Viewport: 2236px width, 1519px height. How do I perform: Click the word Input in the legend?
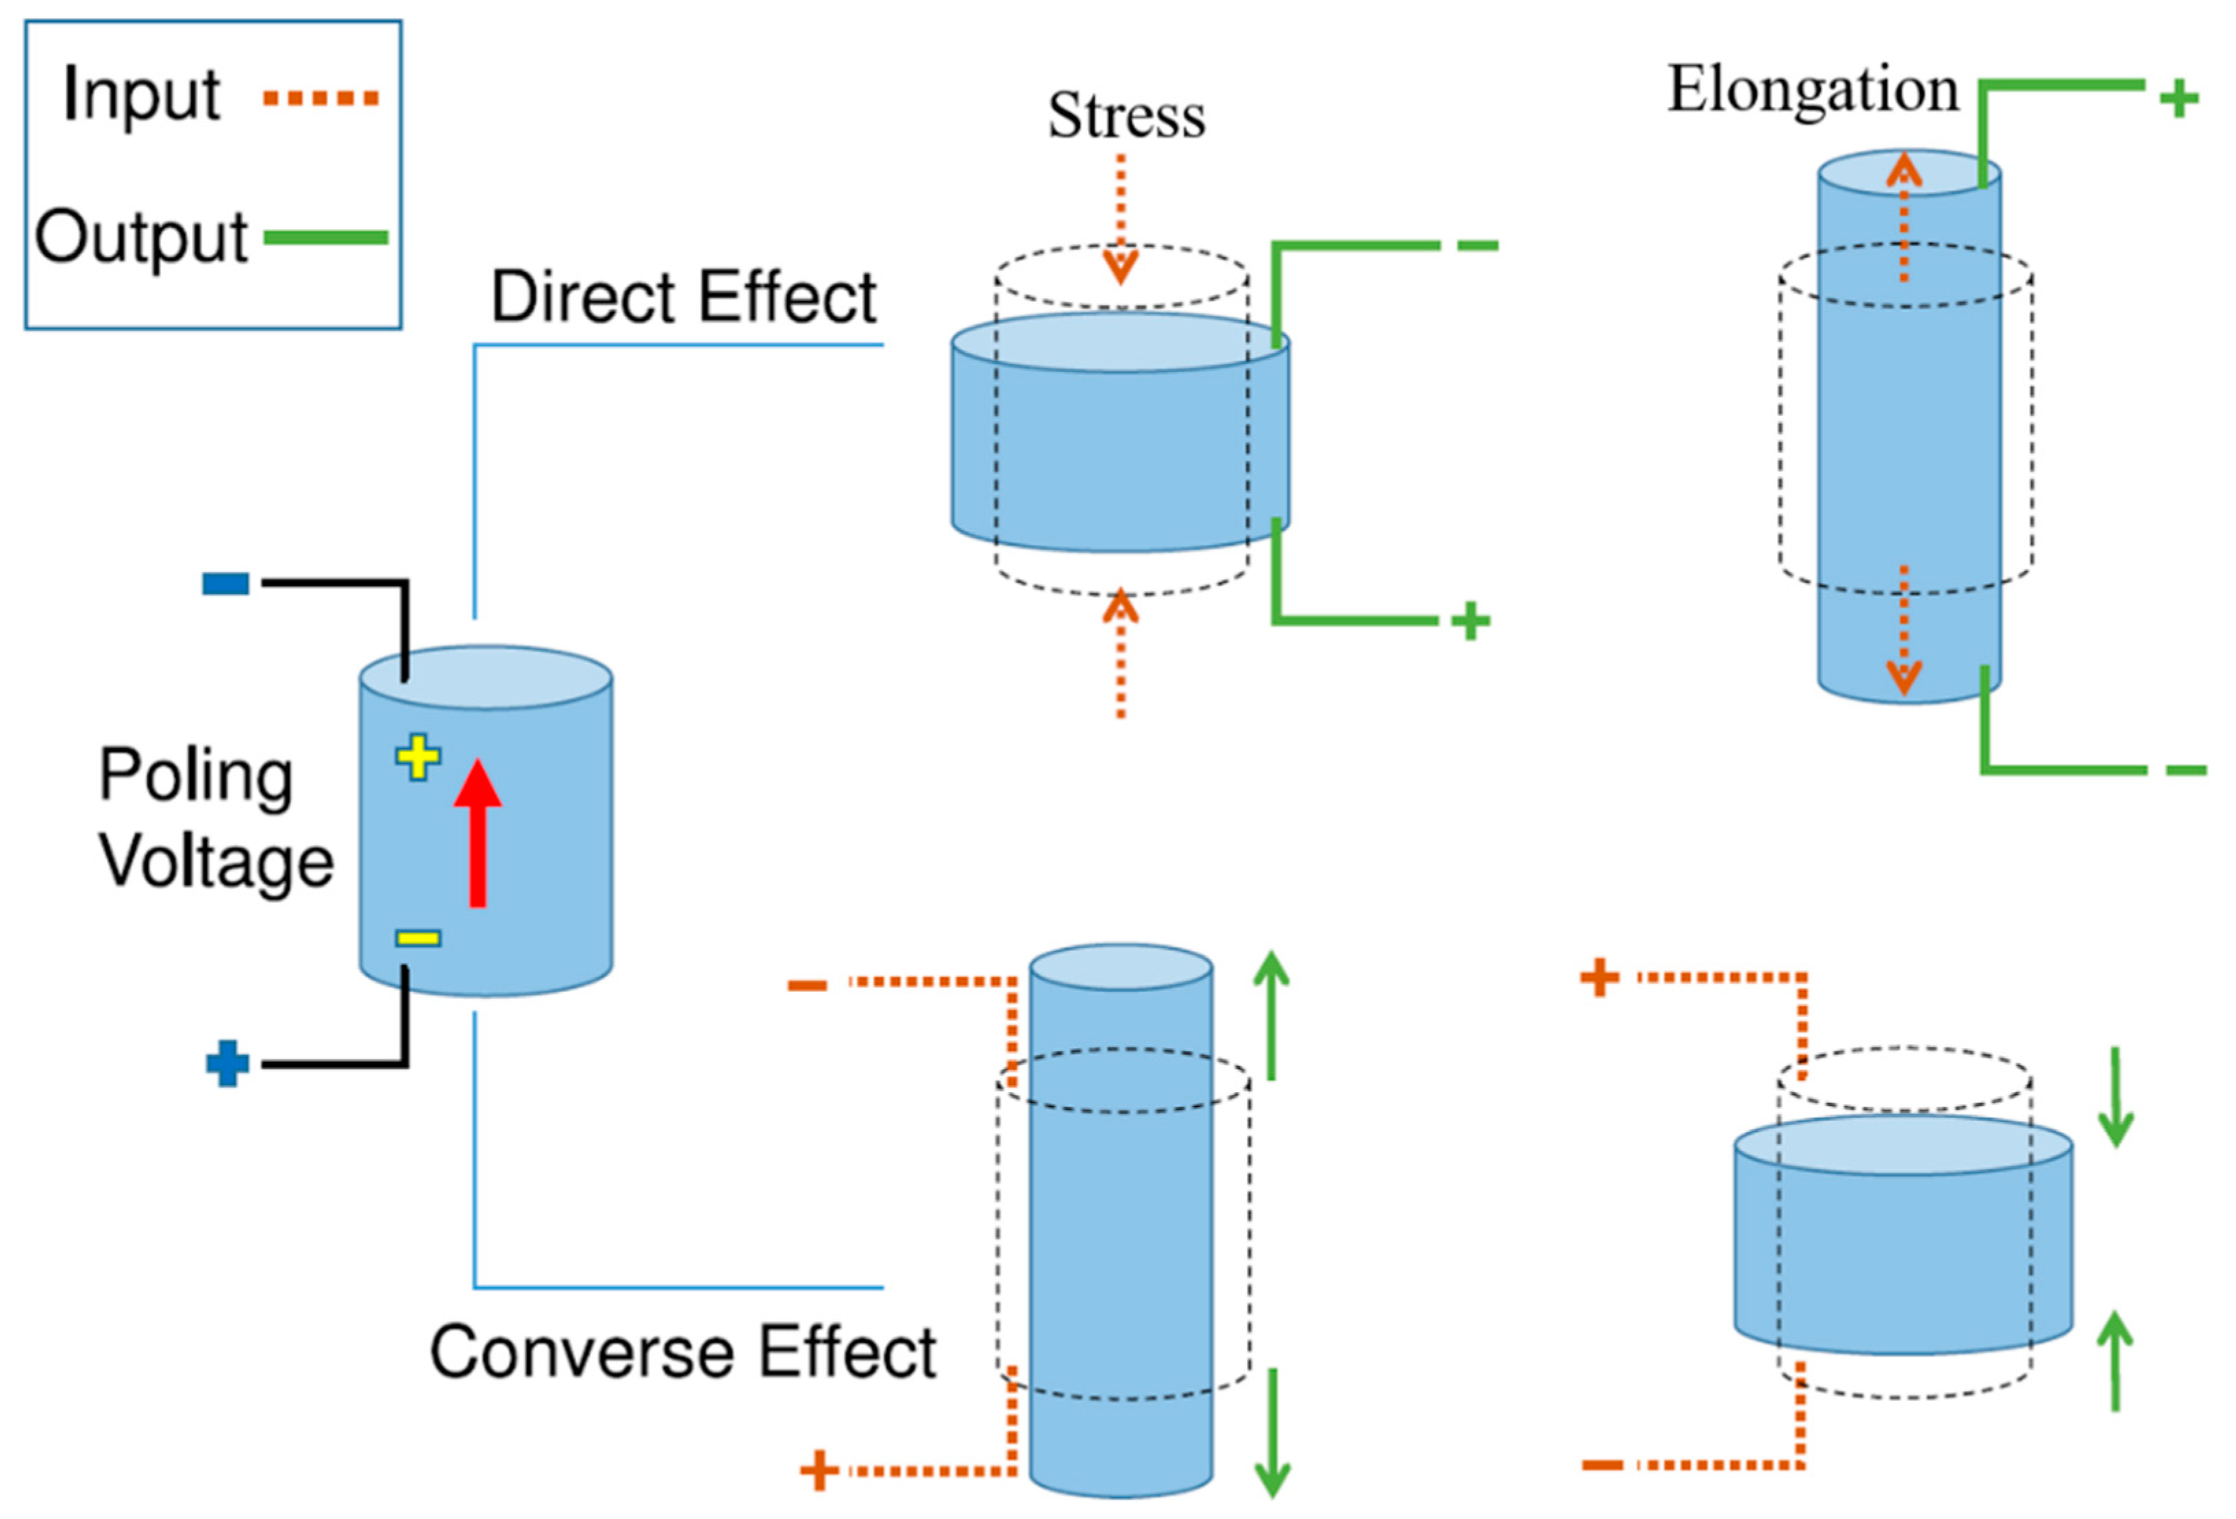141,95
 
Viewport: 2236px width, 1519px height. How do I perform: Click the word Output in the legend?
141,236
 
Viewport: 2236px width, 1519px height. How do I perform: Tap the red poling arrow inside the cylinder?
477,832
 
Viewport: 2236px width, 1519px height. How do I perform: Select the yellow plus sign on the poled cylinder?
419,757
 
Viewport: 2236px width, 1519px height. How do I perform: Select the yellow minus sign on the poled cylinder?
419,938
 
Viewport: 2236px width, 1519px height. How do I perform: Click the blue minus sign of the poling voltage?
226,583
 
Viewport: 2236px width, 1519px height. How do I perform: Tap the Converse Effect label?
683,1352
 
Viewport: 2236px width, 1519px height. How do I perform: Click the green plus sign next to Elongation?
2179,98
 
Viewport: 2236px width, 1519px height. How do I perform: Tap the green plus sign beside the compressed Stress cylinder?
1470,621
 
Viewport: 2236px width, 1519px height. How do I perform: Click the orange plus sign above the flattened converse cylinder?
1599,978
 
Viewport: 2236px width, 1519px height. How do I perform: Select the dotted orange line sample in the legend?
321,97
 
